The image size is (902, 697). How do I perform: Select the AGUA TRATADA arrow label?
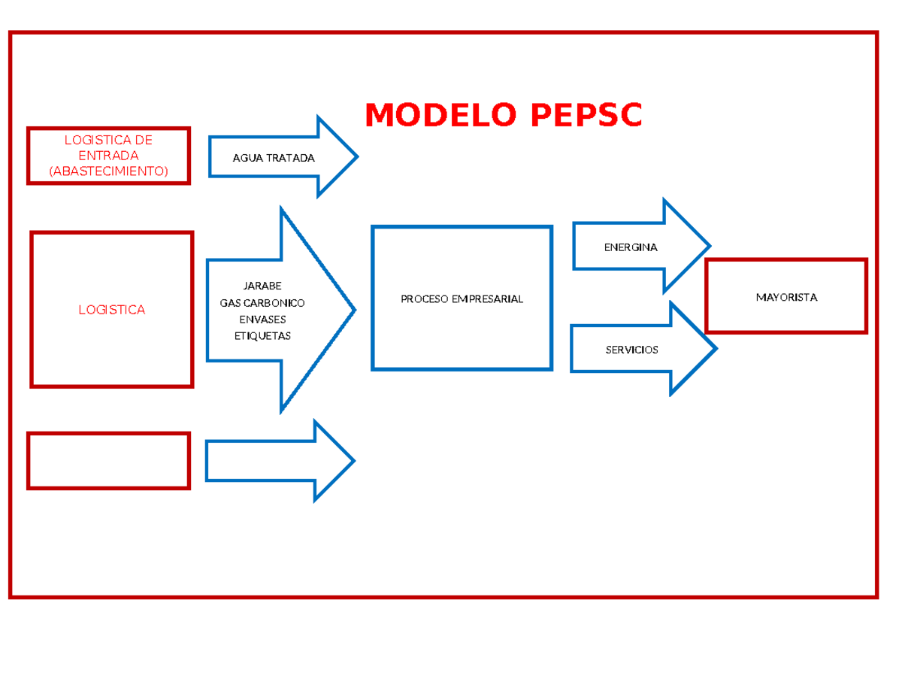[274, 158]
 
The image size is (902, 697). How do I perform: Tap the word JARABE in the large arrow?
[262, 286]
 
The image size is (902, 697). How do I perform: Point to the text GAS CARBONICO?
[262, 302]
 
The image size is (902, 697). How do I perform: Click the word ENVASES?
[262, 319]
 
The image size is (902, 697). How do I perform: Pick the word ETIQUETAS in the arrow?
[262, 335]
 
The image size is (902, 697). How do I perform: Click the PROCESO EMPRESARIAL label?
[462, 298]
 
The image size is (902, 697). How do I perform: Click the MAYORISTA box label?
[786, 297]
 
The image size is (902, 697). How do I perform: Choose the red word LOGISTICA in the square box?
[112, 310]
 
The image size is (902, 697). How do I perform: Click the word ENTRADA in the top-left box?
[108, 155]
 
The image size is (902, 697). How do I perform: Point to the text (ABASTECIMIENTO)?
[108, 171]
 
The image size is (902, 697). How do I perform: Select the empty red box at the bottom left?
[108, 460]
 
